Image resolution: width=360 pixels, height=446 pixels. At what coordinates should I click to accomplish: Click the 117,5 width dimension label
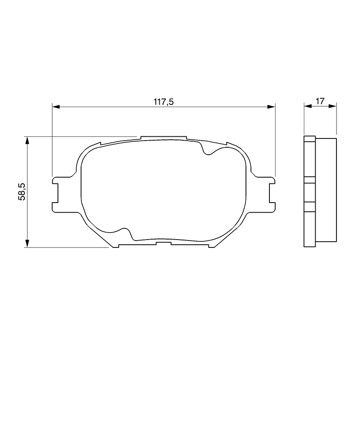pyautogui.click(x=164, y=101)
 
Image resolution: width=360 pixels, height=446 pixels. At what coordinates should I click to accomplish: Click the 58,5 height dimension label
pyautogui.click(x=22, y=192)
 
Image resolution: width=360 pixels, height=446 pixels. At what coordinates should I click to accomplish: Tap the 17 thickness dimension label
pyautogui.click(x=320, y=101)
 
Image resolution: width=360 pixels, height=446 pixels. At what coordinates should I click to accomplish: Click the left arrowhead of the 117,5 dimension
pyautogui.click(x=56, y=107)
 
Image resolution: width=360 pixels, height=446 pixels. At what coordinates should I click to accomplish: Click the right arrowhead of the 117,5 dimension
pyautogui.click(x=272, y=107)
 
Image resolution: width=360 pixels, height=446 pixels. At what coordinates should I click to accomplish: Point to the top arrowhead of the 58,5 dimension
pyautogui.click(x=27, y=140)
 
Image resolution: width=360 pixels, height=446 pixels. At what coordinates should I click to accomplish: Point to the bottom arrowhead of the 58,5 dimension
pyautogui.click(x=27, y=243)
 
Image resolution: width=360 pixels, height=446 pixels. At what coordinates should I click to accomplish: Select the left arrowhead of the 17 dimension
pyautogui.click(x=308, y=106)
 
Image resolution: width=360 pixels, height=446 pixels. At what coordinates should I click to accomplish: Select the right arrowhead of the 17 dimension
pyautogui.click(x=333, y=106)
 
